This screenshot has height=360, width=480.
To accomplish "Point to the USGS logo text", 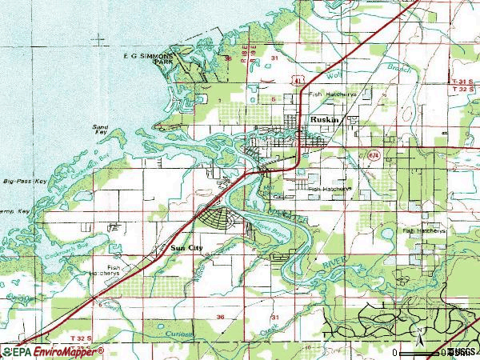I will (x=462, y=352).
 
